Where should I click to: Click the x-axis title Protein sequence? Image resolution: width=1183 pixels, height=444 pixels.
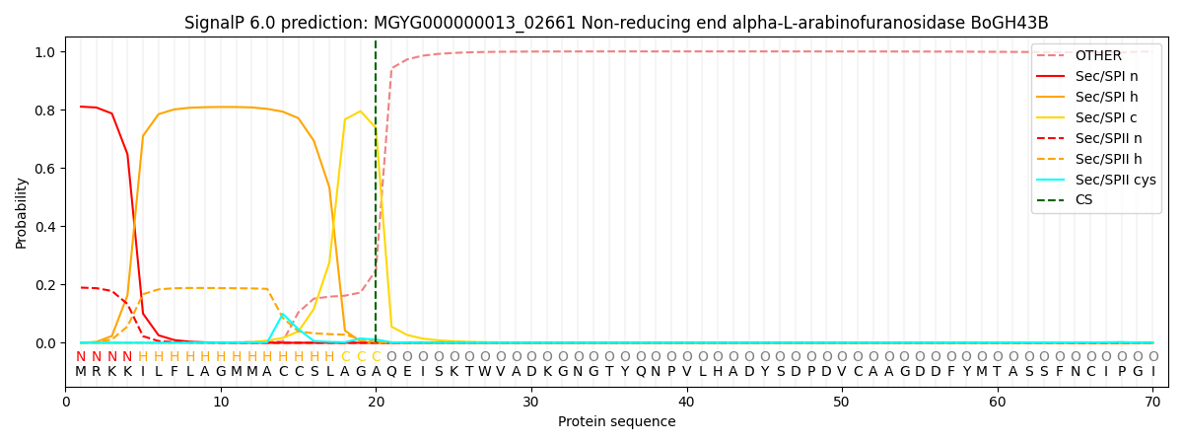[616, 422]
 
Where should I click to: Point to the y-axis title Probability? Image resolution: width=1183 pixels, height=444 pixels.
[22, 212]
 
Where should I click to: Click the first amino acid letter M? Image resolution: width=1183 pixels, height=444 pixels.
[81, 372]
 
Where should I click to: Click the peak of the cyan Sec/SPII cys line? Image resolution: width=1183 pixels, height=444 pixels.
[283, 314]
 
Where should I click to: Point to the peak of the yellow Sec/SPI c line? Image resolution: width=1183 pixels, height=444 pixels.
[360, 111]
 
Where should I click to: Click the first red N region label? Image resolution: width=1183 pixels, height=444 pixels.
[81, 356]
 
